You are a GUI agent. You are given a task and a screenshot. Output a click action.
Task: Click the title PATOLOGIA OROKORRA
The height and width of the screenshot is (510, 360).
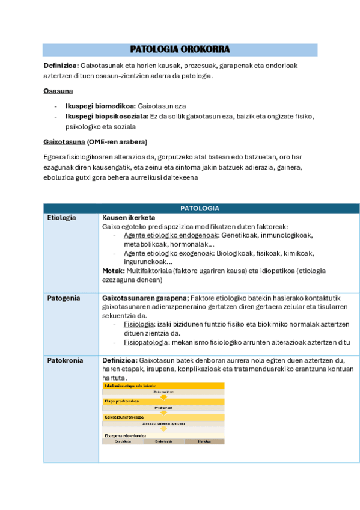tap(180, 50)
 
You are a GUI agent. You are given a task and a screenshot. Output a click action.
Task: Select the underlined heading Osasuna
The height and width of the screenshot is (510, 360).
tap(58, 91)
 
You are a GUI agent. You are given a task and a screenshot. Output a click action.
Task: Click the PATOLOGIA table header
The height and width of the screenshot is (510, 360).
tap(201, 208)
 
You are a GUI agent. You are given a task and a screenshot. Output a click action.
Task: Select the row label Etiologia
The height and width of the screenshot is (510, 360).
tap(62, 217)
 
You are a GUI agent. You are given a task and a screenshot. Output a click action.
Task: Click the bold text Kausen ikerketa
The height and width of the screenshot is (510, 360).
tap(129, 217)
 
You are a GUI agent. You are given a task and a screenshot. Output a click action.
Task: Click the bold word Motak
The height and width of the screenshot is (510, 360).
tap(112, 271)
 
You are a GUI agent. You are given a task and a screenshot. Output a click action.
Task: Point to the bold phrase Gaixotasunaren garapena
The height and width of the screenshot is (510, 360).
tap(145, 298)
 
